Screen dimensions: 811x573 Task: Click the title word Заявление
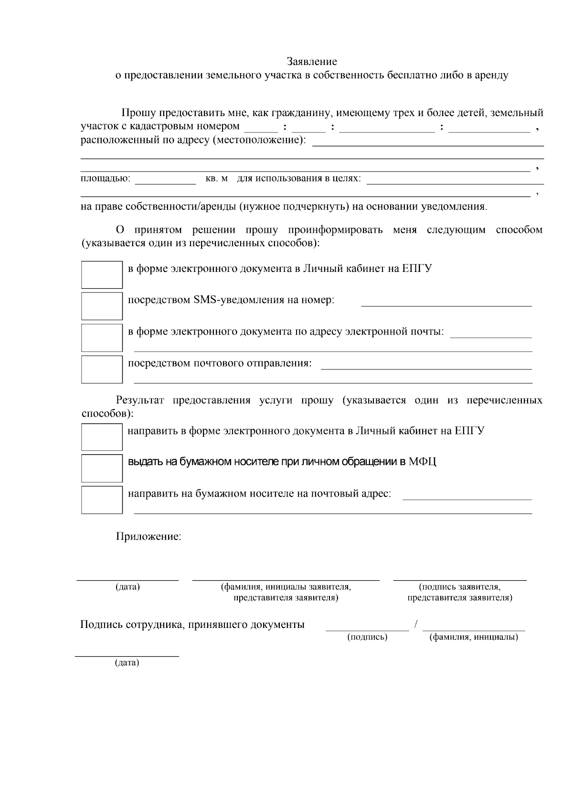click(312, 62)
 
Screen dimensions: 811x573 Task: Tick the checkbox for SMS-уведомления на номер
click(102, 306)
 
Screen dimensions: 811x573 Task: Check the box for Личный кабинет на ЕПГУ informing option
click(102, 274)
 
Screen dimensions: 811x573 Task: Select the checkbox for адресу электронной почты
click(102, 337)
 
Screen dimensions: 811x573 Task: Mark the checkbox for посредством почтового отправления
click(102, 369)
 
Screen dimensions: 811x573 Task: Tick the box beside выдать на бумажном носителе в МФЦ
click(102, 468)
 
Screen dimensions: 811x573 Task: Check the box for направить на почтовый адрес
click(102, 499)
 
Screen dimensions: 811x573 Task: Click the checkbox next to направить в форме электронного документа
click(102, 437)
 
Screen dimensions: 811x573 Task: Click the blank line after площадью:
click(165, 183)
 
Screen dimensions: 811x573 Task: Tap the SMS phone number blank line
click(446, 304)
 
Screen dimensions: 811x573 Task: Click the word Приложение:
click(149, 536)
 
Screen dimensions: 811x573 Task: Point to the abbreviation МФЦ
click(422, 462)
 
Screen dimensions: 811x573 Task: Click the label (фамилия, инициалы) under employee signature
click(474, 637)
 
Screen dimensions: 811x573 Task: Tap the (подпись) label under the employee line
click(367, 637)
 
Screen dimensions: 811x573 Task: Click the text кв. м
click(216, 179)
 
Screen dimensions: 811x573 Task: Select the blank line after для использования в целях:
click(455, 183)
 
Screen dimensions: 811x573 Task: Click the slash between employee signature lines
click(416, 624)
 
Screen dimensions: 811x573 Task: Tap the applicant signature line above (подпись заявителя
click(459, 579)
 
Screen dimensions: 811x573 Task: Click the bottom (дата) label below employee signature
click(127, 663)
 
